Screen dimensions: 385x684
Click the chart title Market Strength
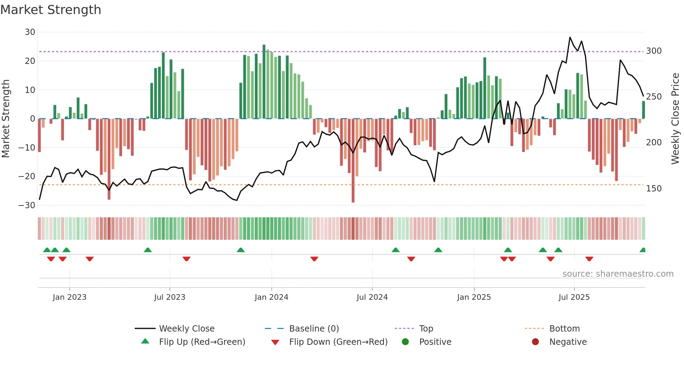[x=51, y=10]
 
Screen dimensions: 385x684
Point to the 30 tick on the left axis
[x=30, y=32]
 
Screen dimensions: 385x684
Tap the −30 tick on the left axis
[x=27, y=205]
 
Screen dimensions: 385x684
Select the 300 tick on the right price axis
[x=654, y=51]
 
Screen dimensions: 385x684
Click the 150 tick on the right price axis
[x=654, y=189]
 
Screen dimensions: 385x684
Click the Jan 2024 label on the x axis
[x=271, y=297]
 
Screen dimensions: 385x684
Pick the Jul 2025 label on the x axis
[x=574, y=297]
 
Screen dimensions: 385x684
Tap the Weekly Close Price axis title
[x=675, y=119]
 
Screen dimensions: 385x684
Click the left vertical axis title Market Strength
[x=6, y=119]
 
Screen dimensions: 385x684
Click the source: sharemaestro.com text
[x=618, y=274]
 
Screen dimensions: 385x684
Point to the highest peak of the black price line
[x=570, y=37]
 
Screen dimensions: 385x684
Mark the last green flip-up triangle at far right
[x=642, y=250]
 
